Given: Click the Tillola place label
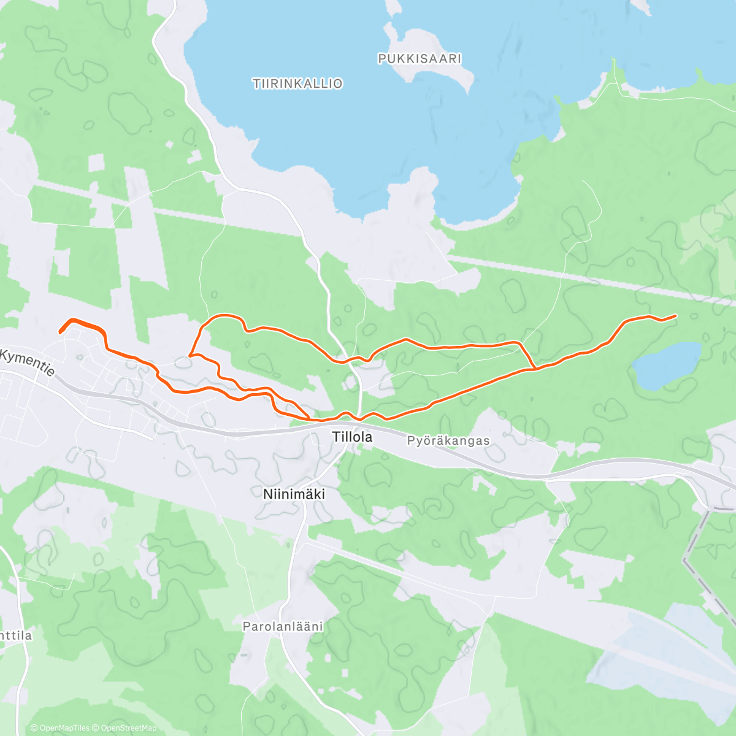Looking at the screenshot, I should [351, 437].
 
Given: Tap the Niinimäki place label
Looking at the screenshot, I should [294, 494].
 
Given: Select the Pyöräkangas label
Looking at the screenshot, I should [448, 441].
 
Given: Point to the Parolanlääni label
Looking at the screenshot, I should [283, 626].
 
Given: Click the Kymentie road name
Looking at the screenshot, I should [28, 362].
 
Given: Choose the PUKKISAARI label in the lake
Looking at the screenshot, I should [420, 59].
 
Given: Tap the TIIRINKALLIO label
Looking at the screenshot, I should [297, 83].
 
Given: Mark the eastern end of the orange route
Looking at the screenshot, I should [675, 315].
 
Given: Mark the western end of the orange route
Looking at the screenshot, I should [60, 332].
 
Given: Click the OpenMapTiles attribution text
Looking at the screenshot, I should [63, 728].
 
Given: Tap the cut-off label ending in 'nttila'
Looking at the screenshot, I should [15, 635].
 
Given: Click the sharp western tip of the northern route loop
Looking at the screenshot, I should [190, 355].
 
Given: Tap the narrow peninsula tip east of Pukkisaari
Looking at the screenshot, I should [613, 61].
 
